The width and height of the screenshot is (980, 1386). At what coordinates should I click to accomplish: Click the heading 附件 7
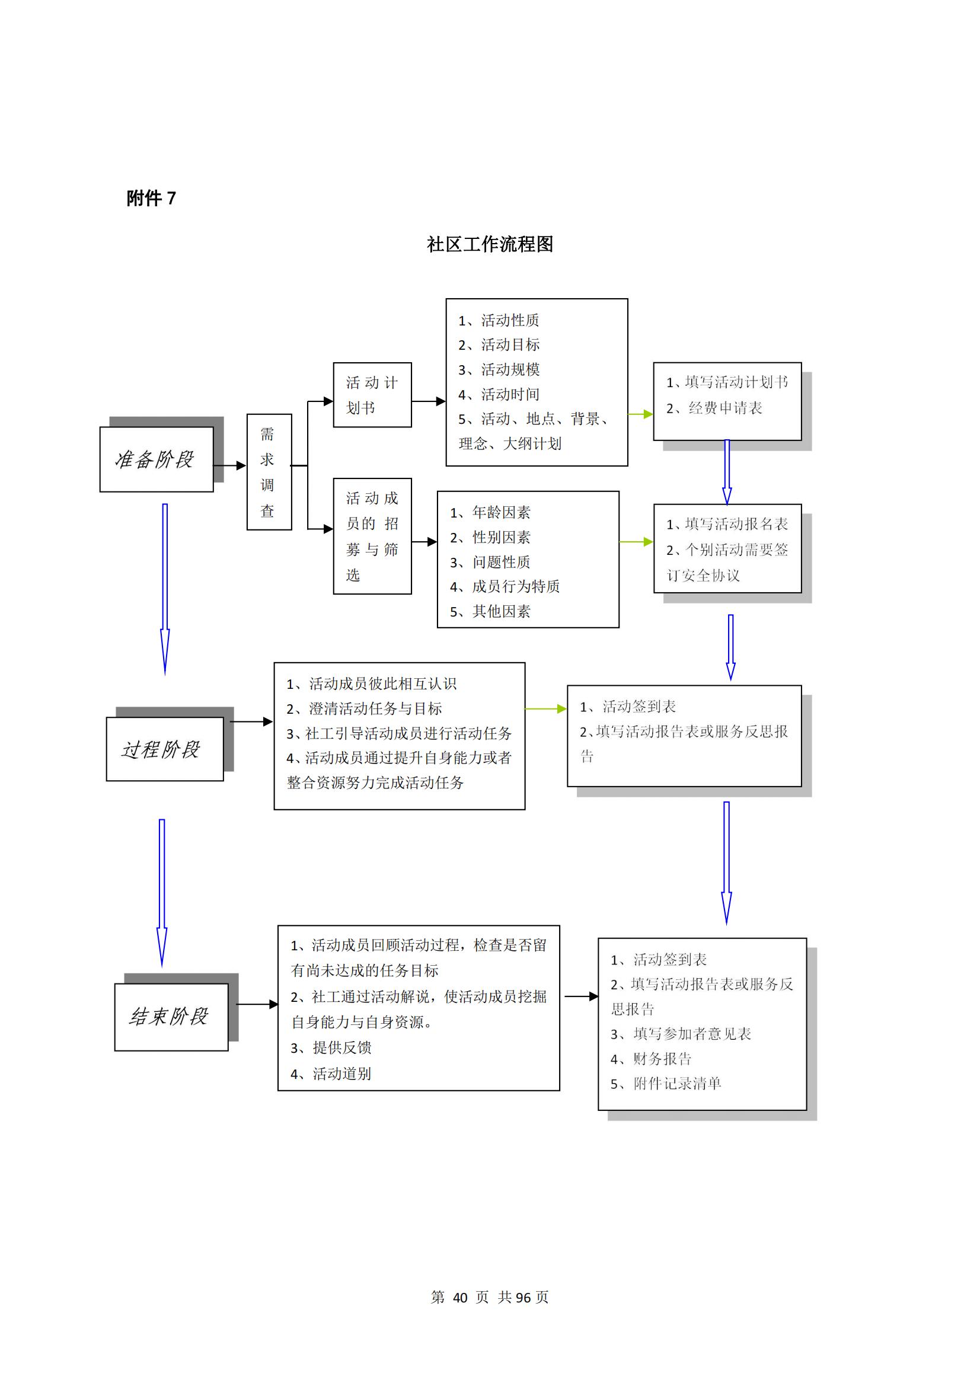(x=151, y=198)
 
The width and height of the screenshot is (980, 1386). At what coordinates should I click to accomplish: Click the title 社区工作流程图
(x=490, y=244)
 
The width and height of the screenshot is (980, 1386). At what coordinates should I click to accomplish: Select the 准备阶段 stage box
(x=157, y=459)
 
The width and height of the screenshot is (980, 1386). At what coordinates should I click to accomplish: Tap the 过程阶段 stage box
(x=165, y=749)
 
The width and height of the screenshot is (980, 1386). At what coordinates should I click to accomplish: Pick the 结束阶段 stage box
(x=171, y=1017)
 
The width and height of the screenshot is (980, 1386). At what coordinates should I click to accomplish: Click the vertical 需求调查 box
(x=269, y=472)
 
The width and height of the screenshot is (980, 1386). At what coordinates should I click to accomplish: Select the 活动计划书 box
(x=372, y=395)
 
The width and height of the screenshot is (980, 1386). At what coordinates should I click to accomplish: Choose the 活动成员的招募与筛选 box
(x=372, y=536)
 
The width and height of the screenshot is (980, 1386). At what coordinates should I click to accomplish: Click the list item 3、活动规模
(x=499, y=369)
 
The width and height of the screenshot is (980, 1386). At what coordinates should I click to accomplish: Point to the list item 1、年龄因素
(x=490, y=513)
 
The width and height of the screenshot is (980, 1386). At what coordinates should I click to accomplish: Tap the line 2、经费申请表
(x=714, y=408)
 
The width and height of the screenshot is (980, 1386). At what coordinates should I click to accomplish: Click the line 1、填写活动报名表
(x=727, y=524)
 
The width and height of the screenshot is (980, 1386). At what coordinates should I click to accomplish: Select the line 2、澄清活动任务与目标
(x=364, y=708)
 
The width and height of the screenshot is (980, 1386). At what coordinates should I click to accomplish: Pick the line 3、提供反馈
(x=331, y=1048)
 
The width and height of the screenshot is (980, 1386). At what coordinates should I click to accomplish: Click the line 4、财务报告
(x=651, y=1058)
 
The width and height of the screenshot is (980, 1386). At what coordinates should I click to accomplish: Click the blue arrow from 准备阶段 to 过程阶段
(x=165, y=589)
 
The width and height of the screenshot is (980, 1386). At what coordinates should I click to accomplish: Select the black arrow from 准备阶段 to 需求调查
(x=230, y=465)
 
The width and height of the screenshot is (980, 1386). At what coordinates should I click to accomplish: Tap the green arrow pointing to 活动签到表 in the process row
(x=546, y=708)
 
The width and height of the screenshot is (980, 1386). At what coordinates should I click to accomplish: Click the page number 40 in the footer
(x=460, y=1297)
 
